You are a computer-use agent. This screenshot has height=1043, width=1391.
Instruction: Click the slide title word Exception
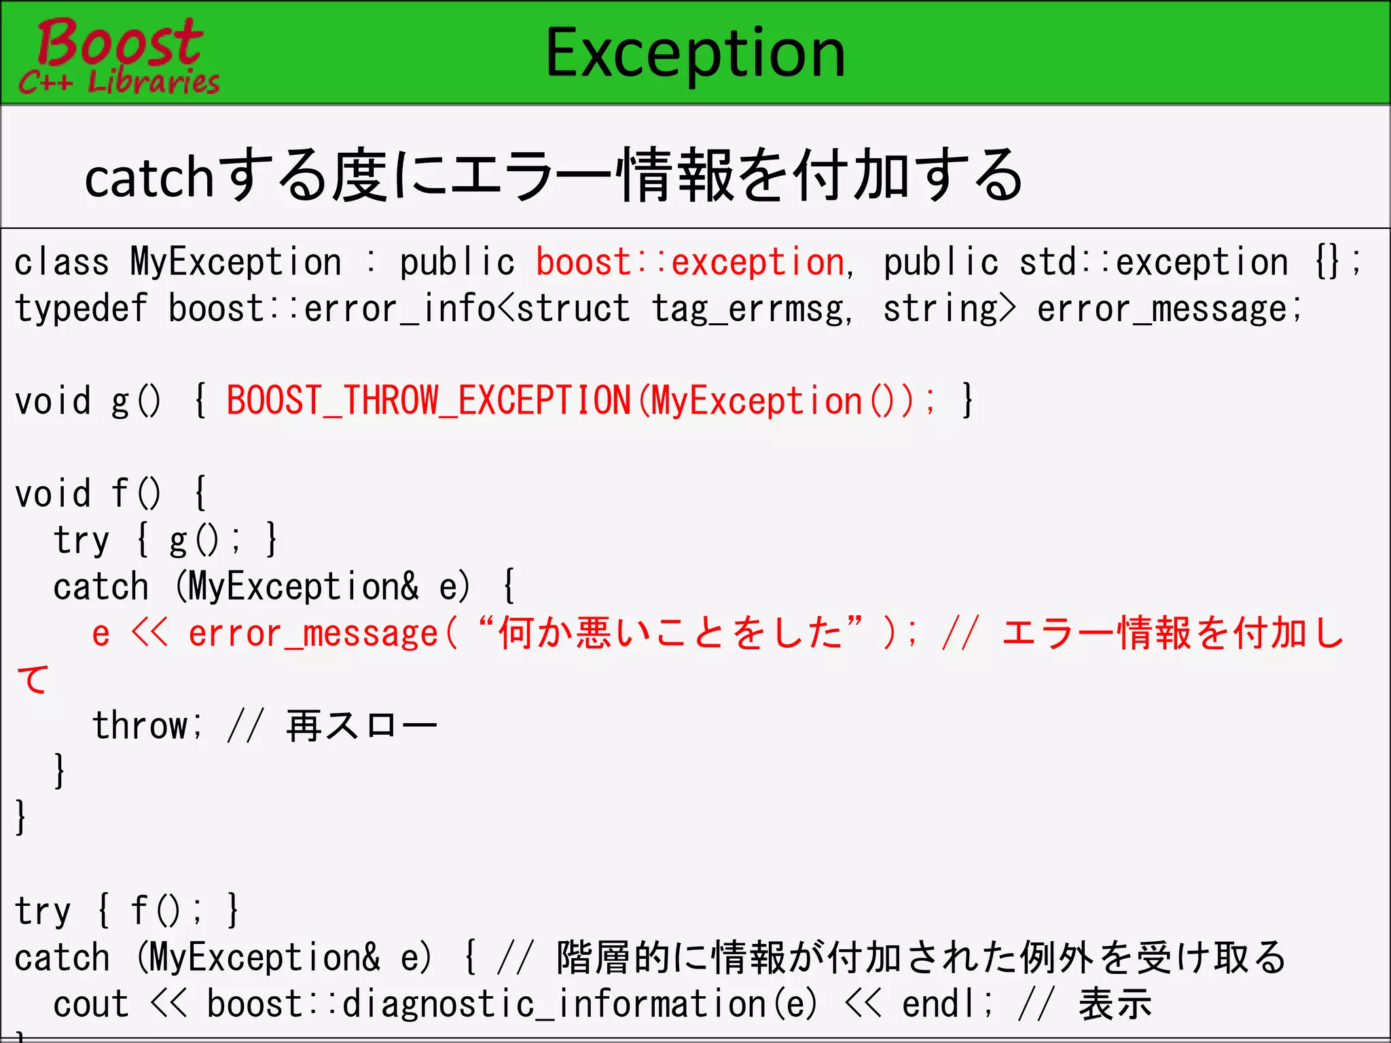pyautogui.click(x=695, y=53)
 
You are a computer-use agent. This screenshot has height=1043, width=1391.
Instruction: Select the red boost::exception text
pyautogui.click(x=689, y=263)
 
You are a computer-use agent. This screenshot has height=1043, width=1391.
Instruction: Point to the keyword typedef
pyautogui.click(x=81, y=309)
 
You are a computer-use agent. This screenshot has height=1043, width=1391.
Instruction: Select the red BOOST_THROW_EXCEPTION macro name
pyautogui.click(x=428, y=401)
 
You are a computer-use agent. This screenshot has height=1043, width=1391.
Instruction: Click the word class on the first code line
pyautogui.click(x=61, y=263)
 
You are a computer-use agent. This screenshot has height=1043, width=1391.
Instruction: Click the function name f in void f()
pyautogui.click(x=120, y=493)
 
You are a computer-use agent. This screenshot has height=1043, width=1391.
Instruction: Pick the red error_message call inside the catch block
pyautogui.click(x=312, y=634)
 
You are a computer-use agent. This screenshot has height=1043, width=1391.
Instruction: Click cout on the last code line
pyautogui.click(x=90, y=1004)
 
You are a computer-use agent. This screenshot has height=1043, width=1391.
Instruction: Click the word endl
pyautogui.click(x=941, y=1004)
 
